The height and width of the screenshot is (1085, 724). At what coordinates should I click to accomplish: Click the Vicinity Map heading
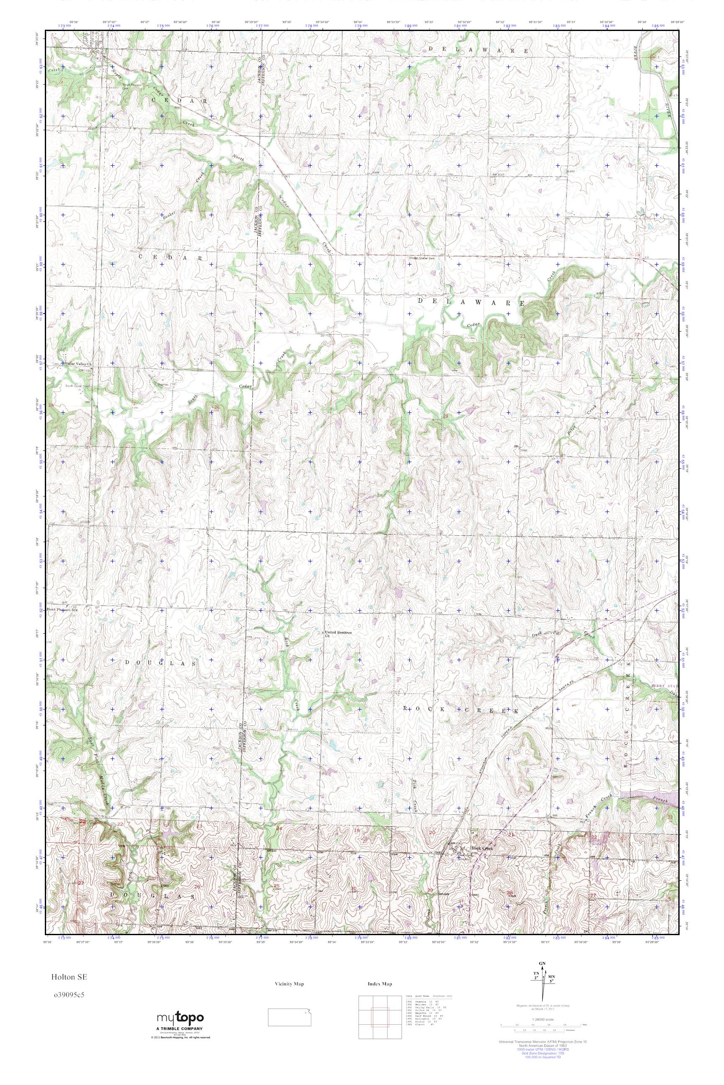(289, 984)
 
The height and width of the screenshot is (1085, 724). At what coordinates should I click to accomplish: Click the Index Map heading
(380, 984)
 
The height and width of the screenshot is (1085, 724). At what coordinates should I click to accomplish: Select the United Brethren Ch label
(339, 634)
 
